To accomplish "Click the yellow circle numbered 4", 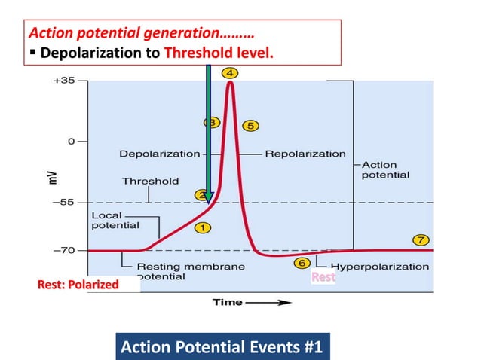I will pos(229,73).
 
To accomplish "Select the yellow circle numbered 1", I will pos(202,226).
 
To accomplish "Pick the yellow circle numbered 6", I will pos(302,263).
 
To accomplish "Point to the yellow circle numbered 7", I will pos(421,239).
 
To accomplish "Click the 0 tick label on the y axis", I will pos(72,141).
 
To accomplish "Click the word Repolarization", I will pos(305,154).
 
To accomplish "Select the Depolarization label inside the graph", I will pos(159,154).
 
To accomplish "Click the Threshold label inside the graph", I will pos(150,181).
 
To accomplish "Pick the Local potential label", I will pos(115,220).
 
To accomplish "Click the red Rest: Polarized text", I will pos(78,285).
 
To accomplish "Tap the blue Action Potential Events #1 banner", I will pos(221,347).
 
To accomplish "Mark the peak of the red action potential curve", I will pos(229,82).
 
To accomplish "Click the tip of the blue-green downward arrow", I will pos(209,203).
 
